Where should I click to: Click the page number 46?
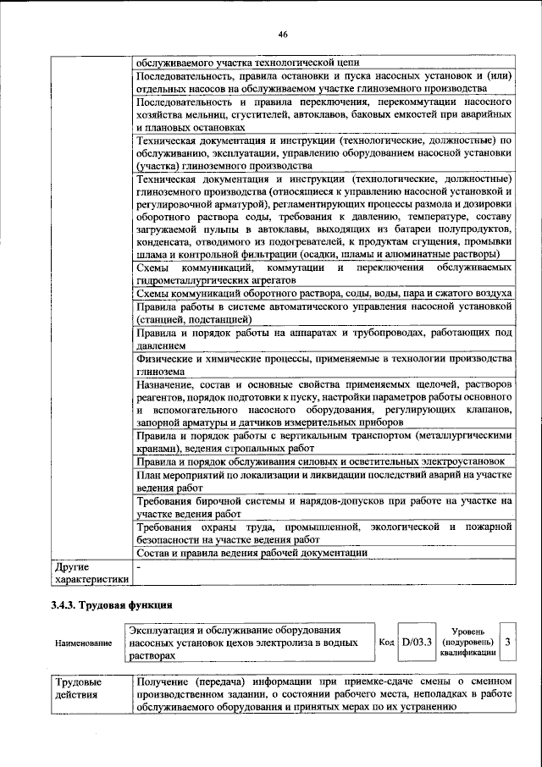pyautogui.click(x=283, y=34)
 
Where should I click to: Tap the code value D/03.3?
pyautogui.click(x=417, y=643)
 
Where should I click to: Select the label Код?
pyautogui.click(x=386, y=643)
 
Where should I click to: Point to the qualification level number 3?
pyautogui.click(x=507, y=643)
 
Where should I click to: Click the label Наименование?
pyautogui.click(x=83, y=643)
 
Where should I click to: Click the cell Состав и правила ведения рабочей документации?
pyautogui.click(x=252, y=552)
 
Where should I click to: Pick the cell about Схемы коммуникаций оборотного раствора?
pyautogui.click(x=324, y=293)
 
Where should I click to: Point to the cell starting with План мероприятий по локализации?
pyautogui.click(x=324, y=482)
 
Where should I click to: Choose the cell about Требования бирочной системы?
pyautogui.click(x=324, y=507)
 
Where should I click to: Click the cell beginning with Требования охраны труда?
pyautogui.click(x=324, y=532)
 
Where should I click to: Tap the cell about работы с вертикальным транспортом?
pyautogui.click(x=324, y=442)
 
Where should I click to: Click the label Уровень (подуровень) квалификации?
pyautogui.click(x=467, y=643)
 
